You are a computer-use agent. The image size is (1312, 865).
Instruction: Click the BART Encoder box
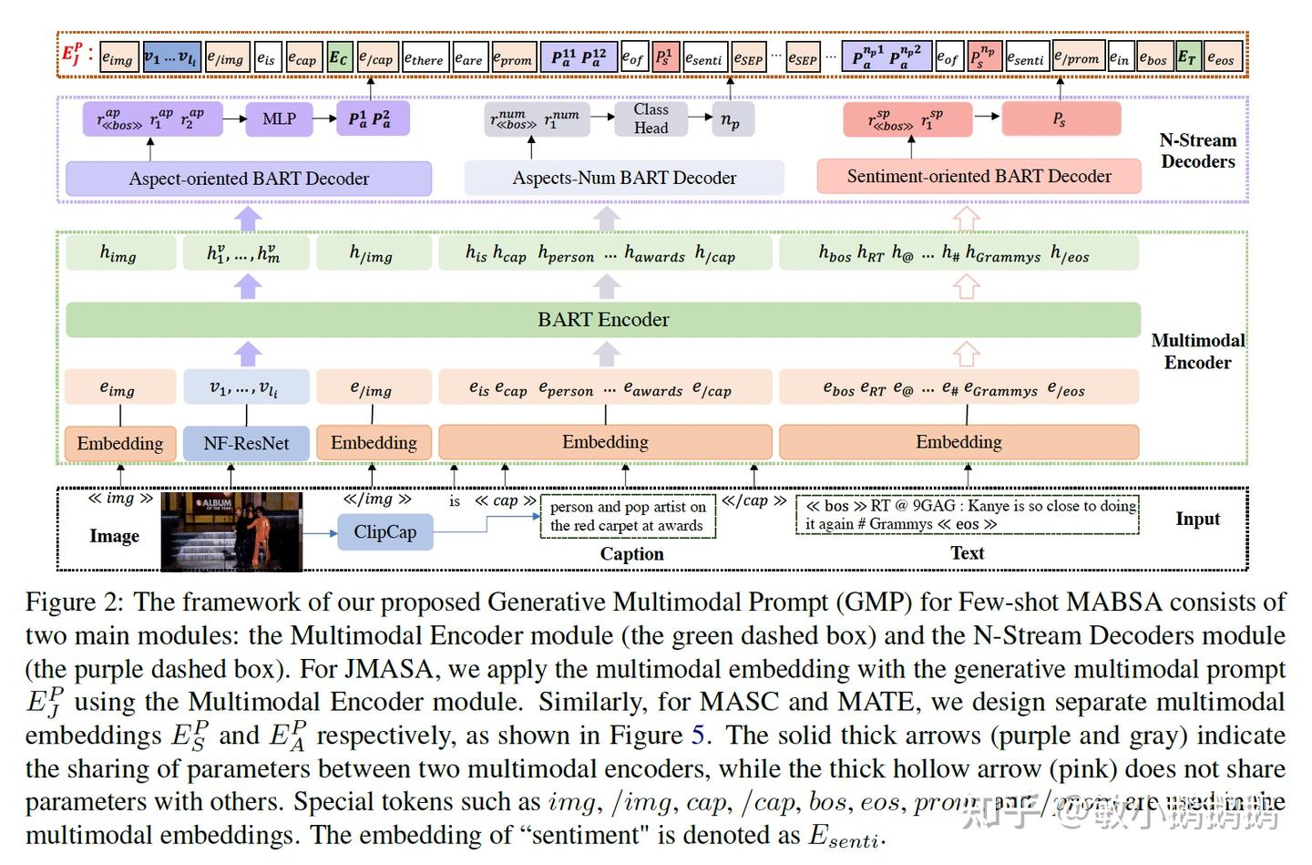click(x=603, y=320)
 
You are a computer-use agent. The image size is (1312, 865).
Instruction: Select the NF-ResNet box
click(x=246, y=443)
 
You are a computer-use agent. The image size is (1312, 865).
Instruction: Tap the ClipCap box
click(x=384, y=532)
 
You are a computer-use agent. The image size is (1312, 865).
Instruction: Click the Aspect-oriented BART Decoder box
click(x=249, y=179)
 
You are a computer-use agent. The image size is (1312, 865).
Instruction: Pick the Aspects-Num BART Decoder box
click(x=624, y=178)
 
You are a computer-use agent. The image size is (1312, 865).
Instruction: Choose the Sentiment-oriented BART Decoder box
click(x=979, y=177)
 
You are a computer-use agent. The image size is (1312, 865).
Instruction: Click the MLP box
click(x=279, y=118)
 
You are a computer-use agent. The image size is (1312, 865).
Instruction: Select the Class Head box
click(x=651, y=118)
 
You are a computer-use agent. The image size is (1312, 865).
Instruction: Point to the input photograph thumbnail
click(x=231, y=531)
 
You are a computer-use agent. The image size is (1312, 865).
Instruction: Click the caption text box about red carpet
click(x=628, y=516)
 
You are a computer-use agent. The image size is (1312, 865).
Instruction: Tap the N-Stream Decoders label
click(x=1197, y=151)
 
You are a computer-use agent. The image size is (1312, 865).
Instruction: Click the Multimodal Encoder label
click(x=1197, y=351)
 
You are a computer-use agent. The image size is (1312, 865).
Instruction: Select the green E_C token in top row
click(x=338, y=58)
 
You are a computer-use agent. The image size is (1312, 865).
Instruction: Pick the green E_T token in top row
click(x=1186, y=58)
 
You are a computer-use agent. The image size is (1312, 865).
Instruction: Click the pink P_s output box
click(x=1060, y=118)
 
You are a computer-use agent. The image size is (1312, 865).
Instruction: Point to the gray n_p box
click(x=731, y=119)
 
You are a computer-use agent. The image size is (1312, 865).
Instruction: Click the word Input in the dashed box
click(x=1197, y=519)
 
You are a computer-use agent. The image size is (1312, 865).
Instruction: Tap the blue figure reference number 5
click(x=698, y=736)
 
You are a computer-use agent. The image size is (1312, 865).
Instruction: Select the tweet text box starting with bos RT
click(x=967, y=515)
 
